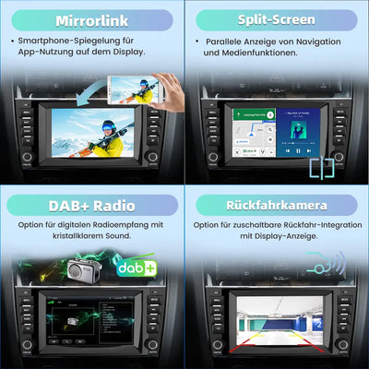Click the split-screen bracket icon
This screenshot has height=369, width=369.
click(322, 169)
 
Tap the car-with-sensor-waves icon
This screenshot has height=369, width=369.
click(327, 265)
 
